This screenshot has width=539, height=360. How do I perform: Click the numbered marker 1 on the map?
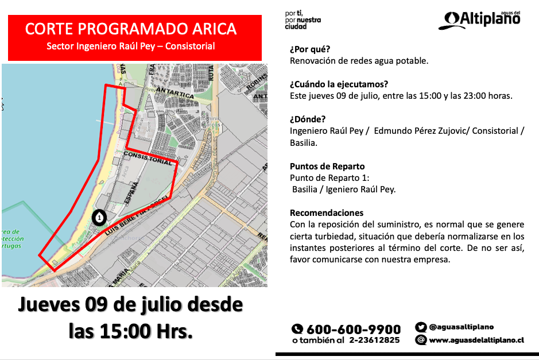click(x=99, y=217)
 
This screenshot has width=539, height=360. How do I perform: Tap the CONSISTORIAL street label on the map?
click(x=148, y=158)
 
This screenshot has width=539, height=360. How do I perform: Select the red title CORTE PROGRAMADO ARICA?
click(x=131, y=29)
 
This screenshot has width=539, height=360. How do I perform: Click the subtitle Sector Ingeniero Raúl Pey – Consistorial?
click(x=131, y=46)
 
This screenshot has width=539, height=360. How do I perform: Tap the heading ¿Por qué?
click(x=310, y=49)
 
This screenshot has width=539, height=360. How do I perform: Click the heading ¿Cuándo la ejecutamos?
click(x=339, y=84)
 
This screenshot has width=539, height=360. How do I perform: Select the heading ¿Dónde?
click(x=308, y=119)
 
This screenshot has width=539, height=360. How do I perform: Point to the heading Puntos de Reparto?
click(x=327, y=167)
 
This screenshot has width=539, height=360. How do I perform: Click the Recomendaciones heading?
click(x=327, y=212)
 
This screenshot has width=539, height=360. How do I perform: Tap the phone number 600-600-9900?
click(x=354, y=330)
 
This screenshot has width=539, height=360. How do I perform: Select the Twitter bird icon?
click(x=421, y=327)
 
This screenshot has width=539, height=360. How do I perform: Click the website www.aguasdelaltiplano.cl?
click(x=476, y=340)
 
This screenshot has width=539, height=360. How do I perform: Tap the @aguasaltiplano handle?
click(x=461, y=327)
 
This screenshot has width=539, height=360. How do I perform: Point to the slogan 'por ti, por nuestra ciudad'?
click(x=303, y=20)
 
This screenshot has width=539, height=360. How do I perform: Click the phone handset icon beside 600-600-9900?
click(x=297, y=330)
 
